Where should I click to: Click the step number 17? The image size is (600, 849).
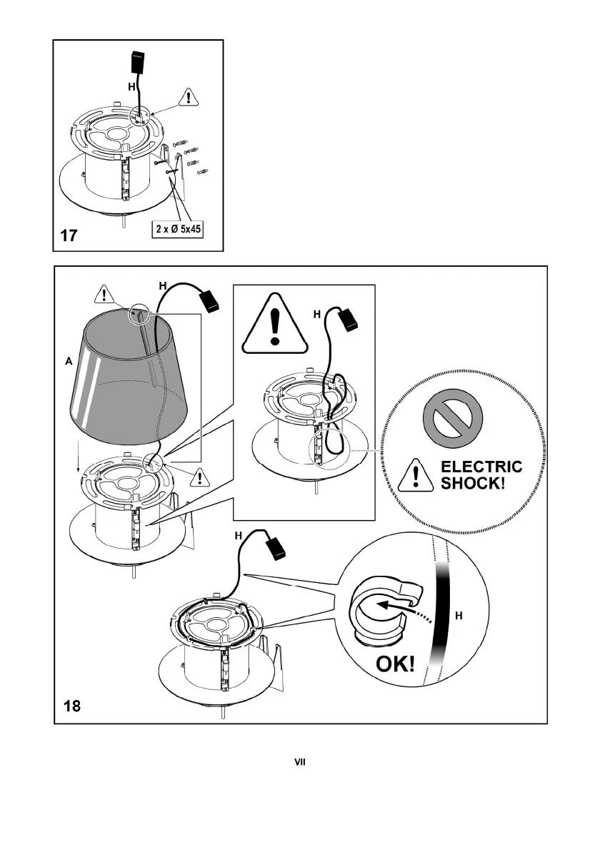(x=69, y=235)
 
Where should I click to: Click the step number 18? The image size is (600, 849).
(x=72, y=706)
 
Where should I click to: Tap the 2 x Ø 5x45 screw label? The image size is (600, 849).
(x=178, y=229)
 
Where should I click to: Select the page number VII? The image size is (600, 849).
(x=300, y=762)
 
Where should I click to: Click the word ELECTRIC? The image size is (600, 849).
(x=481, y=467)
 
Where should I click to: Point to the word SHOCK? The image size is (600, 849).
(x=473, y=483)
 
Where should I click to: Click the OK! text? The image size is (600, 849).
(x=396, y=664)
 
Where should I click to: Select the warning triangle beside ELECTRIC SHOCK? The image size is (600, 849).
(x=416, y=475)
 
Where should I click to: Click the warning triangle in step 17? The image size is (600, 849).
(x=188, y=97)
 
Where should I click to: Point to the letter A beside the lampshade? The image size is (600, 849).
(x=69, y=361)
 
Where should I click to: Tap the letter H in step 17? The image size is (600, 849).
(x=131, y=86)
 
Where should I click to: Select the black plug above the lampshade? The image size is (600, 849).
(x=209, y=300)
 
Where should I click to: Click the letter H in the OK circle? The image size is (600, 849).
(x=459, y=616)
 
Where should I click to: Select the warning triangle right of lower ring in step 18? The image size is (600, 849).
(x=200, y=477)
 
